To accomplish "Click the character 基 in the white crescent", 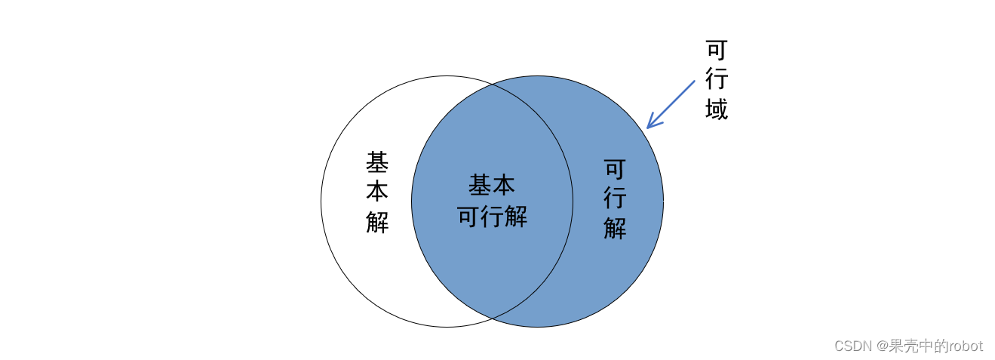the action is (377, 162).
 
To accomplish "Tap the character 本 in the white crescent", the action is (377, 192).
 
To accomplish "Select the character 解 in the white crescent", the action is (377, 222).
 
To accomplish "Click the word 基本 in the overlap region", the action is (492, 185).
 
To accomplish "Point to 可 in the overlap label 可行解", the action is (468, 217).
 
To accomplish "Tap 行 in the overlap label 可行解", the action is (492, 217).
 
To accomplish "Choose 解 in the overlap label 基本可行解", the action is (516, 217).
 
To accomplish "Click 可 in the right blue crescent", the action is (615, 168).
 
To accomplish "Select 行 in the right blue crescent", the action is (615, 198).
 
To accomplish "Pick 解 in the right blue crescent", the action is (615, 228).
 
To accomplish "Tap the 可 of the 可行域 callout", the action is (716, 50).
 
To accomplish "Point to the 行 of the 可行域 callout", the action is (716, 79).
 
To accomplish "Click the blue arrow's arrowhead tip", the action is (648, 128).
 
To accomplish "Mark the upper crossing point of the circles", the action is (493, 85).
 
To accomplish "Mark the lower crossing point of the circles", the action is (493, 318).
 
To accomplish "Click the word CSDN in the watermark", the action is (852, 346).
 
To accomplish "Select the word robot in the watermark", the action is (966, 346).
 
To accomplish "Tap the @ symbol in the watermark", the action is (883, 346).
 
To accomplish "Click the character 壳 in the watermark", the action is (912, 346).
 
